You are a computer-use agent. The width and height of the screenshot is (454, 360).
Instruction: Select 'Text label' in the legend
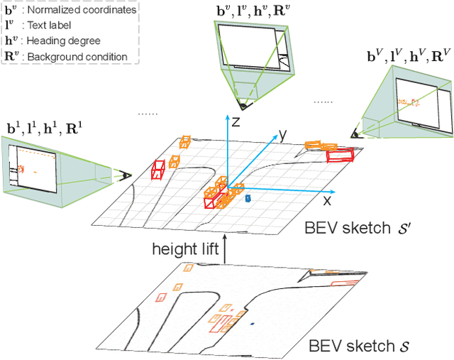[54, 26]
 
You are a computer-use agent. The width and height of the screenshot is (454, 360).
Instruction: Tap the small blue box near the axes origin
[248, 199]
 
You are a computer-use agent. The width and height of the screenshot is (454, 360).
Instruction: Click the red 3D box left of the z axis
[159, 170]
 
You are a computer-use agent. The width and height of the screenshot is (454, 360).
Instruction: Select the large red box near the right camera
[340, 154]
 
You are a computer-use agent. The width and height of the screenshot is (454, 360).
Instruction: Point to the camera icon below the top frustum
[243, 105]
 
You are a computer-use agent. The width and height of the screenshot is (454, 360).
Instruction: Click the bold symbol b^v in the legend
[11, 11]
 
